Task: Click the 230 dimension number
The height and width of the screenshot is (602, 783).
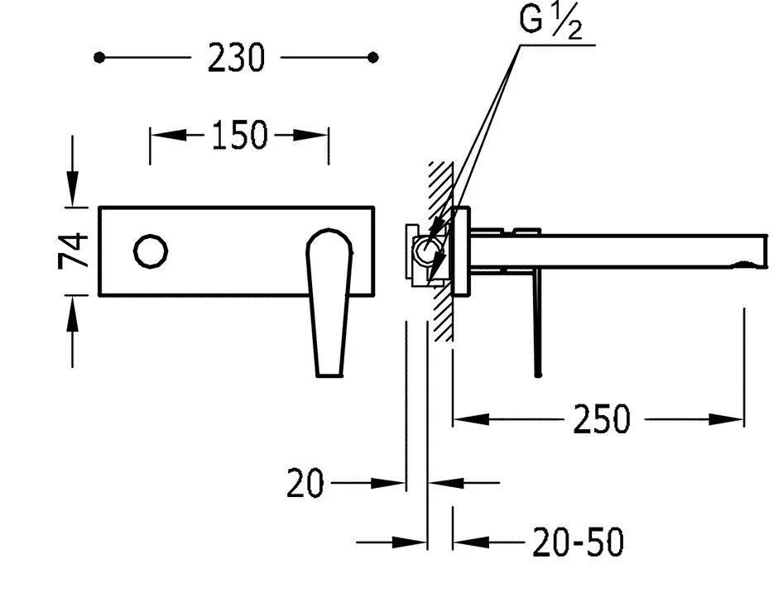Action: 236,58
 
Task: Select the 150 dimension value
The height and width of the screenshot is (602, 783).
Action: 240,135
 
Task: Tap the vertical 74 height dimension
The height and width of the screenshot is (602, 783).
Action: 74,251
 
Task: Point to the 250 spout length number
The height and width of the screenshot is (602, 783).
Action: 602,419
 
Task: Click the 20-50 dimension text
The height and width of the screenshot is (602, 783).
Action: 579,542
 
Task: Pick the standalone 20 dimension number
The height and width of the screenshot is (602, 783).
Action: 305,483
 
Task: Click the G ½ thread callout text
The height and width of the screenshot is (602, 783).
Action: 550,21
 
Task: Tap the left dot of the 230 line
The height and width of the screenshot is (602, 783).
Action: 99,58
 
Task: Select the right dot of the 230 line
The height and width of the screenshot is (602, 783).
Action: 372,58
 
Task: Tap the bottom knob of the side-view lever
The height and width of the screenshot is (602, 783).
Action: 538,374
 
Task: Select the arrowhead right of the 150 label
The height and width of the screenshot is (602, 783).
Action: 310,135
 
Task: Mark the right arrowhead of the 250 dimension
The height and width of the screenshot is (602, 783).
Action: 726,419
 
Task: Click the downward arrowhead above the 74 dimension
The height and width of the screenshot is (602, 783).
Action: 73,188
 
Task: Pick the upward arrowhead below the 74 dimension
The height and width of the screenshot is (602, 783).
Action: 73,314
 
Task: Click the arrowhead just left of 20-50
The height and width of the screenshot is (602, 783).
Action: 471,542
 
